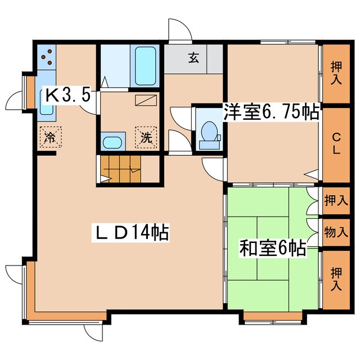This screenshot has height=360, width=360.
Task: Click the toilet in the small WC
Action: point(210,131)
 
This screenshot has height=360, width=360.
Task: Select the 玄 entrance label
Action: point(192,57)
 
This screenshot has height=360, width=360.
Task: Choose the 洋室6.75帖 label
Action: point(271,112)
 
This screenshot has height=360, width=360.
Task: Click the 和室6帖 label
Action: point(273,247)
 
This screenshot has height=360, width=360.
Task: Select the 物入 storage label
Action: point(336,233)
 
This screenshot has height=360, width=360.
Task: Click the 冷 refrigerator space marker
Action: point(50,137)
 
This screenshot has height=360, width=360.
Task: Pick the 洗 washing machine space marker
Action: point(146,137)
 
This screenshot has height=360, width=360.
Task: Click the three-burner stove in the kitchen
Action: point(46,56)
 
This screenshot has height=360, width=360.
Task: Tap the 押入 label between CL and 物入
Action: point(336,199)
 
